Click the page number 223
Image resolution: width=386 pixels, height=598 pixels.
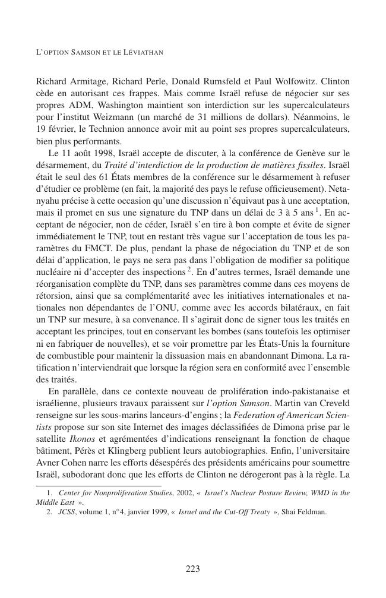pos(192,569)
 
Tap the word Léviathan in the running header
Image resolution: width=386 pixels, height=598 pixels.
pos(142,52)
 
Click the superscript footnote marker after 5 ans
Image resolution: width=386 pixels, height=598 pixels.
pos(319,210)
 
